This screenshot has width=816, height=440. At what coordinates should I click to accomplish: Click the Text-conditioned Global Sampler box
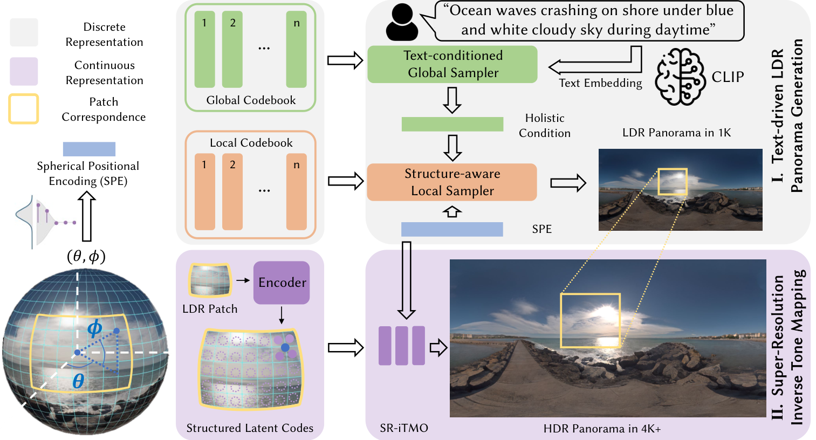pos(452,64)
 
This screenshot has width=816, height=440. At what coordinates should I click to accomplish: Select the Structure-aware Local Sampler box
pos(452,182)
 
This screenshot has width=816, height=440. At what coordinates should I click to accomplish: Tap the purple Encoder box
pos(282,283)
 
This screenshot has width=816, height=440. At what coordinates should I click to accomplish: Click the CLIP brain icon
pos(680,77)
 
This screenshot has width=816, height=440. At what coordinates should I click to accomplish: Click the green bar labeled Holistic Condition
pos(452,124)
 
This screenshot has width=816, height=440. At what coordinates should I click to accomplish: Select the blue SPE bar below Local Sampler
pos(452,230)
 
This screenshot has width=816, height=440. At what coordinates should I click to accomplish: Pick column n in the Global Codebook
pos(296,50)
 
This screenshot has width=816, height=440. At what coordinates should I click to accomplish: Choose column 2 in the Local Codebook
pos(232,191)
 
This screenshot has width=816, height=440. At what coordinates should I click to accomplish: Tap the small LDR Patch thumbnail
pos(210,279)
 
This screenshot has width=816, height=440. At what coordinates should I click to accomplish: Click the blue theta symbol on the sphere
pos(78,381)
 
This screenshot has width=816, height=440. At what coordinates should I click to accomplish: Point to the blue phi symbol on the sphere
pos(95,328)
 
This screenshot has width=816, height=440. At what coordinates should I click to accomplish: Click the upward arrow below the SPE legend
pos(87,216)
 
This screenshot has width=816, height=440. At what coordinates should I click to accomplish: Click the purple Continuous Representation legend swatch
pos(24,71)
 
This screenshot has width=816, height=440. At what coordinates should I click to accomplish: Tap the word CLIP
pos(728,77)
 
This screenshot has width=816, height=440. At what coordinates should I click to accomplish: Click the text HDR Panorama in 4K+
pos(602,428)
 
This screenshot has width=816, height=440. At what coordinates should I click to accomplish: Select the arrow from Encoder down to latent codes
pos(281,315)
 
